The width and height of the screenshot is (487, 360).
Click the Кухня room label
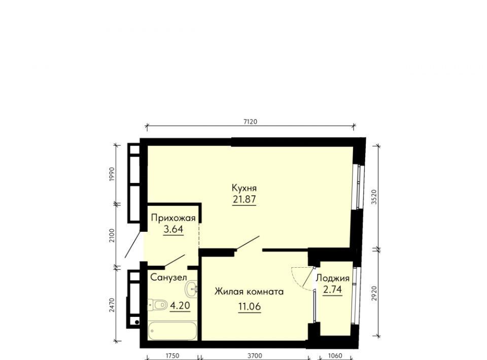pyautogui.click(x=244, y=188)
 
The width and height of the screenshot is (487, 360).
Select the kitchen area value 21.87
pyautogui.click(x=245, y=199)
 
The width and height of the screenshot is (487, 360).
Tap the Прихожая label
pyautogui.click(x=173, y=218)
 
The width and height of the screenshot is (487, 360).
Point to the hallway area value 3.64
pyautogui.click(x=173, y=229)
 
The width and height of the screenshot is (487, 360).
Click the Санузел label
pyautogui.click(x=168, y=277)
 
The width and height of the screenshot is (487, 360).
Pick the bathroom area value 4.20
pyautogui.click(x=180, y=306)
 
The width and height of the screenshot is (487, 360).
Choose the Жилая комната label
pyautogui.click(x=249, y=292)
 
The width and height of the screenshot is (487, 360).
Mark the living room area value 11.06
pyautogui.click(x=250, y=307)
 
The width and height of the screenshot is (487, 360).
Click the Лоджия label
pyautogui.click(x=332, y=278)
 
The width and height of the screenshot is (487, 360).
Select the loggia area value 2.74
pyautogui.click(x=332, y=290)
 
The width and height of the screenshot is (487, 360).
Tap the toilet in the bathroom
pyautogui.click(x=157, y=305)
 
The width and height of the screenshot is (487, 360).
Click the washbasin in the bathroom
pyautogui.click(x=191, y=289)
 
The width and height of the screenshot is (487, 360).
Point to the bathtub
pyautogui.click(x=172, y=331)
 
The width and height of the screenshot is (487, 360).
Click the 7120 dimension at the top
pyautogui.click(x=250, y=122)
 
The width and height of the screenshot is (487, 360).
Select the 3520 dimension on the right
pyautogui.click(x=374, y=197)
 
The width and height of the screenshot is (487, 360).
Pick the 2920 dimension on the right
pyautogui.click(x=374, y=293)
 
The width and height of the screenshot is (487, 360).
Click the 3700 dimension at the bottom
pyautogui.click(x=255, y=355)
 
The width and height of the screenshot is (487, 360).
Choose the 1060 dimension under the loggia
pyautogui.click(x=335, y=355)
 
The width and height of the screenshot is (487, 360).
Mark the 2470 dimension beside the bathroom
pyautogui.click(x=112, y=305)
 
